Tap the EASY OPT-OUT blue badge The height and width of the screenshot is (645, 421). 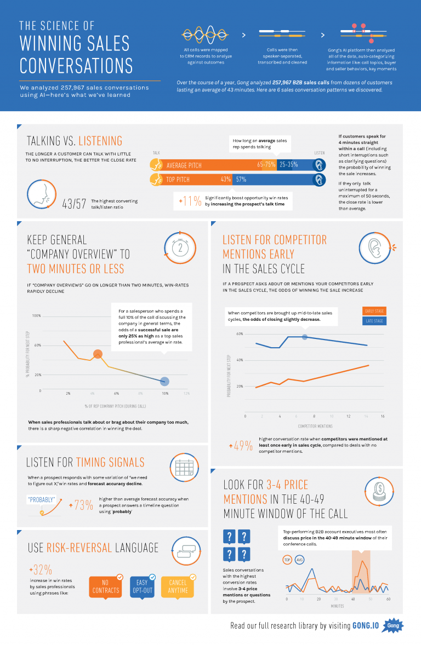coord(142,586)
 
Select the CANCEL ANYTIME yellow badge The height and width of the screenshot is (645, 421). coord(178,586)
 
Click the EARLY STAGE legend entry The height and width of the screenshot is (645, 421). coord(374,311)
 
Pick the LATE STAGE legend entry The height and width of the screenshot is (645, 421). coord(374,321)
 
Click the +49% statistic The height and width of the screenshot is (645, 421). coord(241,446)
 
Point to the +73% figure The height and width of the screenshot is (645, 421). coord(81,505)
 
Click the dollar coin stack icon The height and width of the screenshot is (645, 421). coord(378,491)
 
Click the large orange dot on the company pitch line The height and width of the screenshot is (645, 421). coord(98,354)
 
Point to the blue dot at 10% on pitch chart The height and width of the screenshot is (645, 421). coord(164,381)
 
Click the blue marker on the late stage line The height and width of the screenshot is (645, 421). coord(305,336)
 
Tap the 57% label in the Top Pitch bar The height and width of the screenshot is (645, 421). coord(241,179)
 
